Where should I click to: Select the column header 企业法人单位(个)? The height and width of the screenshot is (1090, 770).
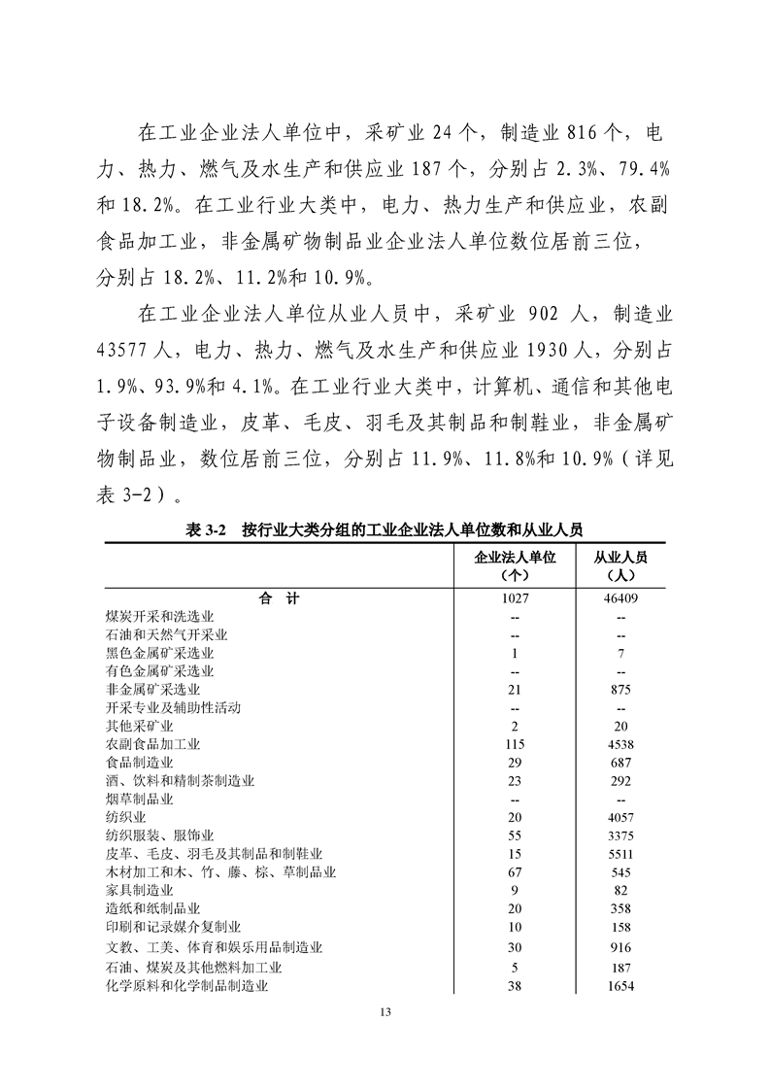coord(515,565)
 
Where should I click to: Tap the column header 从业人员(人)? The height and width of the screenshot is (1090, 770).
coord(620,565)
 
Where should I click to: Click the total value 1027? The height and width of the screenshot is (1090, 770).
coord(515,599)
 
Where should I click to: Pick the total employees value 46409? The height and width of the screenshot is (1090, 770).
coord(620,599)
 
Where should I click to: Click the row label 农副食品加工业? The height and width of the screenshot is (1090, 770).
coord(152,744)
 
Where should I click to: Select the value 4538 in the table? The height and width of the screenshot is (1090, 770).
coord(620,744)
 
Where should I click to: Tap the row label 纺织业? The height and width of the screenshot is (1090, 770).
coord(125,817)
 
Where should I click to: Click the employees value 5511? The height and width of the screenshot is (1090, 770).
coord(620,854)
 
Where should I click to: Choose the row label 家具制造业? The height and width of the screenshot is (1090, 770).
coord(139,890)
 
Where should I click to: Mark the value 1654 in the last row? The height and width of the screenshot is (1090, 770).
coord(620,986)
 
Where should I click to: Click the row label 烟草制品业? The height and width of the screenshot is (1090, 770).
coord(139,799)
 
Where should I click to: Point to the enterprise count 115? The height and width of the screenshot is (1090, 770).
coord(515,744)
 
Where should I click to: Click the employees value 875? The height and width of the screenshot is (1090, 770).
coord(620,690)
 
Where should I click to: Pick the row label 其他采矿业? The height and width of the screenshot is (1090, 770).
coord(139,726)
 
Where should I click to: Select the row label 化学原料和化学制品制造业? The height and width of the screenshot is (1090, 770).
coord(186,986)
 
